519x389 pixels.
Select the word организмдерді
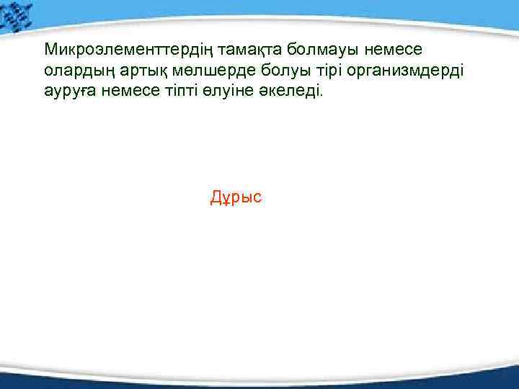tap(392, 72)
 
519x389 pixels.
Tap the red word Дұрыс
tap(236, 197)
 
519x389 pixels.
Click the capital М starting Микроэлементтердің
tap(50, 50)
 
